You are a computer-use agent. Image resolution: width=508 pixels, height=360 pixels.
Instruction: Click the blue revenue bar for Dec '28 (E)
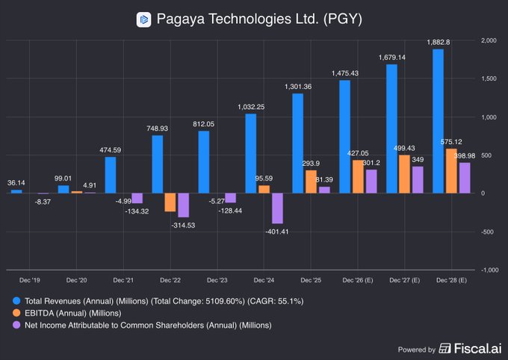[x=438, y=120]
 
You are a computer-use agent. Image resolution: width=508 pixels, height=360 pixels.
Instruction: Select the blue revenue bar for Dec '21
[x=111, y=174]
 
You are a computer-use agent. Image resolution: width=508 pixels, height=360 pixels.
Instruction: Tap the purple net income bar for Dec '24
[x=277, y=208]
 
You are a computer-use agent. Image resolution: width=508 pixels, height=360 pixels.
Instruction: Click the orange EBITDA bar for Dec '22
[x=170, y=202]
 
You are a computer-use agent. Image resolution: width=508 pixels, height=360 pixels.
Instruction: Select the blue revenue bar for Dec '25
[x=297, y=143]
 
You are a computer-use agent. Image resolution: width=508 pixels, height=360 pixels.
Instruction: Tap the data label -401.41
[x=277, y=232]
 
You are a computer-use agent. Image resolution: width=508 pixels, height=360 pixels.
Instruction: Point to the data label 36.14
[x=16, y=182]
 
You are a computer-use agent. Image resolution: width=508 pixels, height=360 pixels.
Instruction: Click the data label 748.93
[x=157, y=128]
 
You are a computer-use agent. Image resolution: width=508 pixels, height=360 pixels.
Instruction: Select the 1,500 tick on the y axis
[x=489, y=78]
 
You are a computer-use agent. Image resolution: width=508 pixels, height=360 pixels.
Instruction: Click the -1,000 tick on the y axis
[x=487, y=270]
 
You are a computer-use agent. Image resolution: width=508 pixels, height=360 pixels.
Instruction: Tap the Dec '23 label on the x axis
[x=217, y=280]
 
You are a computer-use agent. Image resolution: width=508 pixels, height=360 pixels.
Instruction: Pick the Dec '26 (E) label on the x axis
[x=357, y=280]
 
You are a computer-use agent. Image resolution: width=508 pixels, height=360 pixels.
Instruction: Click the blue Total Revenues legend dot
[x=16, y=300]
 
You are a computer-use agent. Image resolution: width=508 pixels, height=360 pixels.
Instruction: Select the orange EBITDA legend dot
[x=16, y=313]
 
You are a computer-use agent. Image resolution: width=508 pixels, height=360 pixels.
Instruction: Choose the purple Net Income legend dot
[x=16, y=325]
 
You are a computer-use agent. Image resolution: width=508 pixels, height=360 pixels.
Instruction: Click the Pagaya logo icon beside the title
[x=143, y=19]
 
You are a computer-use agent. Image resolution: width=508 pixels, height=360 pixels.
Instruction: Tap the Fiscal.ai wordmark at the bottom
[x=471, y=349]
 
